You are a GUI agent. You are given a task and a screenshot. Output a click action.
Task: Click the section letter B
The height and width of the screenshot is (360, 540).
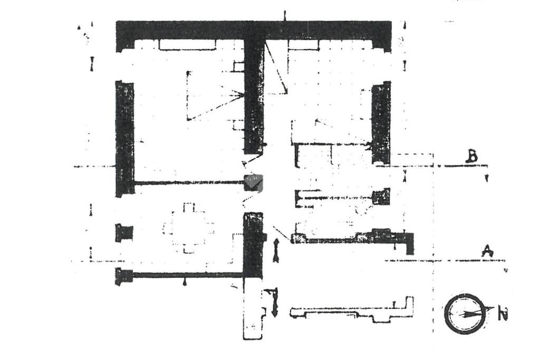(473, 157)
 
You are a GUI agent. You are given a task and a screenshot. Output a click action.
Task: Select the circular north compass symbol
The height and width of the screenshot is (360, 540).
(464, 314)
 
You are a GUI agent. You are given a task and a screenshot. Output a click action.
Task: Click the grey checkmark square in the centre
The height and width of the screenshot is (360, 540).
(253, 182)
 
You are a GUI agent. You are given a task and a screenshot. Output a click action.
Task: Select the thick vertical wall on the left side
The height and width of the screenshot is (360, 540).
(124, 138)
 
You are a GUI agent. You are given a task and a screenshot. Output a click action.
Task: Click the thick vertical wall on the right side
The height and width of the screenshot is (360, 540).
(381, 122)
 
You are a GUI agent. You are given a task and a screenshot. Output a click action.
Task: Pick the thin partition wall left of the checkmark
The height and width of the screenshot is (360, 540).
(187, 183)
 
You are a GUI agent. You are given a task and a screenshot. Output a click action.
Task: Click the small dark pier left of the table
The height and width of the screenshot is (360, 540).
(124, 232)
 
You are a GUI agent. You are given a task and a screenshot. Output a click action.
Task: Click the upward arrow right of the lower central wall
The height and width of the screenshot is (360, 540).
(276, 249)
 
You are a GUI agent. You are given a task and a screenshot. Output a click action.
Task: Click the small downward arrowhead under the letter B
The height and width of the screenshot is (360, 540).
(486, 179)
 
